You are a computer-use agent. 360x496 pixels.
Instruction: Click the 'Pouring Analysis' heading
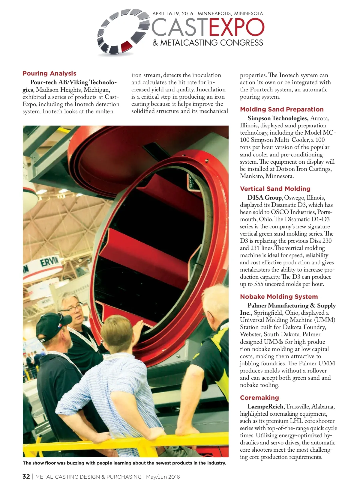tap(49, 73)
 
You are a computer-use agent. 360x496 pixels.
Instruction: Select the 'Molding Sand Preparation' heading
tap(282, 109)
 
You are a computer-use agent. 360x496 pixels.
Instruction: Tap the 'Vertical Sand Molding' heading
tap(275, 189)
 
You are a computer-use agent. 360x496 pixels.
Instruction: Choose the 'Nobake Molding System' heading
tap(279, 297)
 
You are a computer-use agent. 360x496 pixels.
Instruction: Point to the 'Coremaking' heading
tap(259, 398)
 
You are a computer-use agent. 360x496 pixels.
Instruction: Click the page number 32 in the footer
tap(26, 477)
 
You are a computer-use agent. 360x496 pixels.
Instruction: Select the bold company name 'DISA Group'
tap(264, 198)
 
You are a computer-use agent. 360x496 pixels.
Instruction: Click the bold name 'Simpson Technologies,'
tap(278, 118)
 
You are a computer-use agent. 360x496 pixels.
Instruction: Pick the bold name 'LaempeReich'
tap(265, 407)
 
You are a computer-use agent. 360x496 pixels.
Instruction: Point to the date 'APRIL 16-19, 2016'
tap(173, 13)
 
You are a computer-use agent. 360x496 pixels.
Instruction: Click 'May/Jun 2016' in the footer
tap(163, 477)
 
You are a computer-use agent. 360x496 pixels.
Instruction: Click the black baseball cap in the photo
tap(52, 328)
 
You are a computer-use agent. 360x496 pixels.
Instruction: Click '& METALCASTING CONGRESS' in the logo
tap(208, 43)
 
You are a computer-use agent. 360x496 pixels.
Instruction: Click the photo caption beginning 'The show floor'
tap(124, 463)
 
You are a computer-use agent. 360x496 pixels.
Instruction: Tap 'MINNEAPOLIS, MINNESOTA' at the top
tap(230, 13)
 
